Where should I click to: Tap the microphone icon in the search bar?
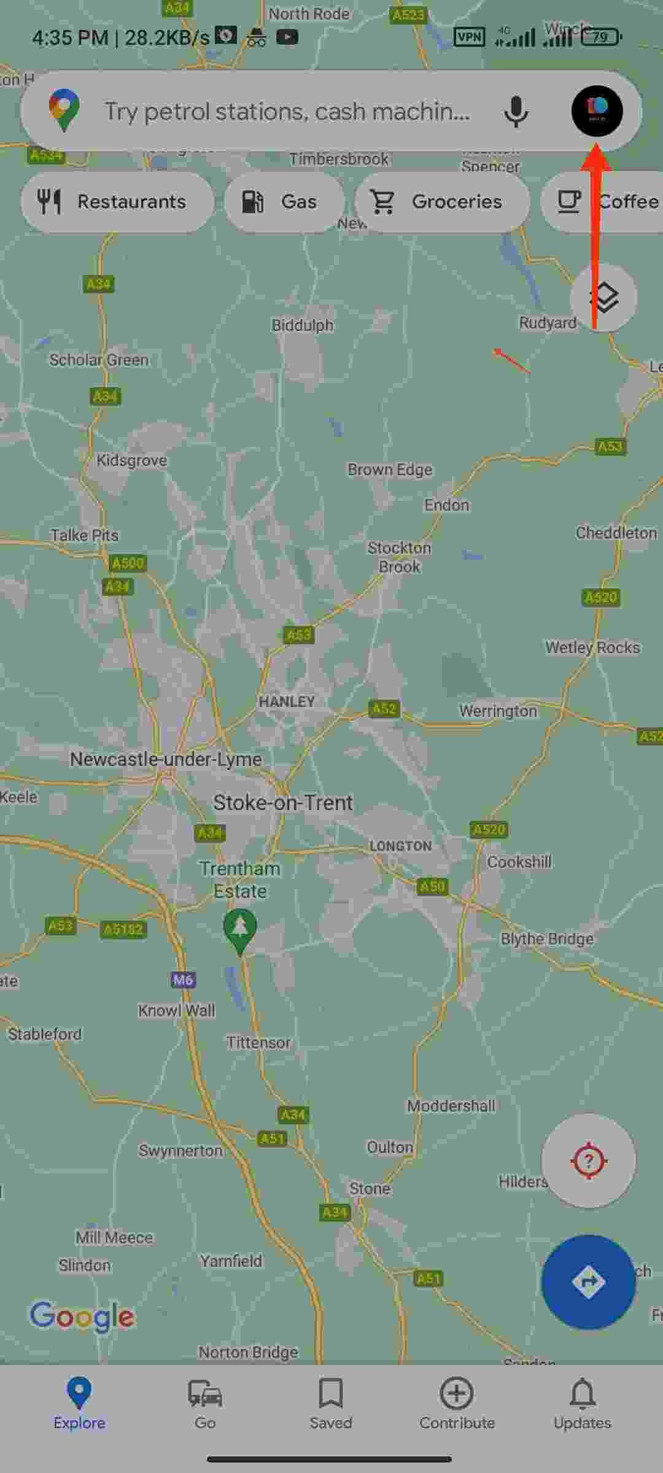(516, 112)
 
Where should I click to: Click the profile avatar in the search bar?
(597, 111)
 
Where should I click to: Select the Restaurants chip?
(117, 202)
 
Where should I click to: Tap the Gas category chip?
(284, 202)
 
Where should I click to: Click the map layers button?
(603, 298)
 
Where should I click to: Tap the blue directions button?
(588, 1282)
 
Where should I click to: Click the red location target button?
(588, 1161)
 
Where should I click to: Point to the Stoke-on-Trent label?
(283, 803)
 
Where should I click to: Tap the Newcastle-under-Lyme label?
(166, 759)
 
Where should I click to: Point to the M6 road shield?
(183, 980)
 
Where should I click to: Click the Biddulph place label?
(303, 325)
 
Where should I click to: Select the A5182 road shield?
(123, 929)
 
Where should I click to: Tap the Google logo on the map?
(82, 1316)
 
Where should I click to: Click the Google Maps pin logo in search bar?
(64, 110)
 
